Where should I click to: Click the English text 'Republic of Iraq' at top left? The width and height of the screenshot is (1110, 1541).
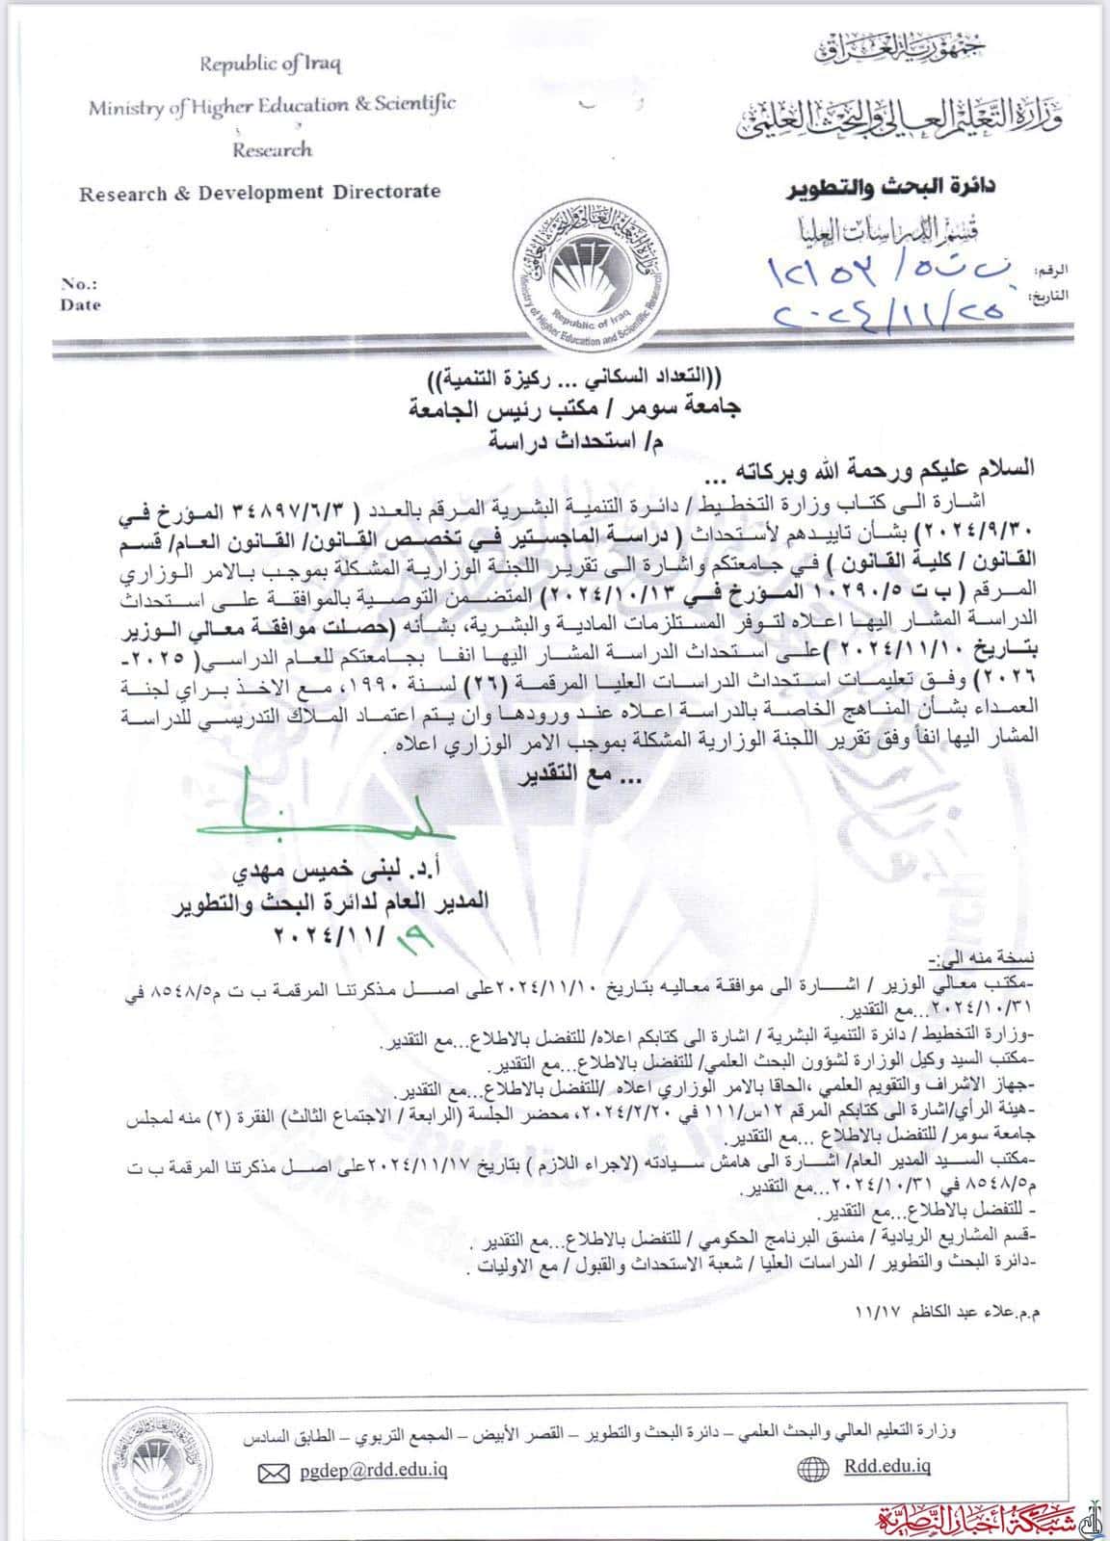point(270,65)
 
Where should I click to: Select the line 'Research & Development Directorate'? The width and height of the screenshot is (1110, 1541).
point(259,192)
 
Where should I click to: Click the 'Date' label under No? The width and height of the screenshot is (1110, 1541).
point(80,304)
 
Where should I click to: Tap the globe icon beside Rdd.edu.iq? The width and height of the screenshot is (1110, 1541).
point(813,1469)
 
